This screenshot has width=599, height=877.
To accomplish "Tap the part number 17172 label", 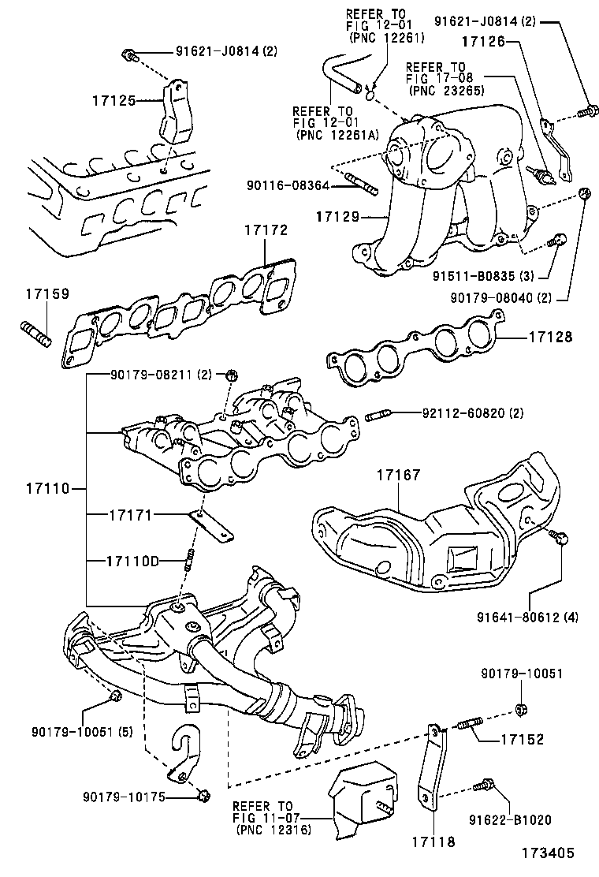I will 266,230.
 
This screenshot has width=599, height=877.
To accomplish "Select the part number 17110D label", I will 133,561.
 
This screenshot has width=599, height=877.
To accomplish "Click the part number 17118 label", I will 432,842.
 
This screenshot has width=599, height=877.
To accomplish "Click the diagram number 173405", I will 548,853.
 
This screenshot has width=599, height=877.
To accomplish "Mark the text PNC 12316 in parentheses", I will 273,830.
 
